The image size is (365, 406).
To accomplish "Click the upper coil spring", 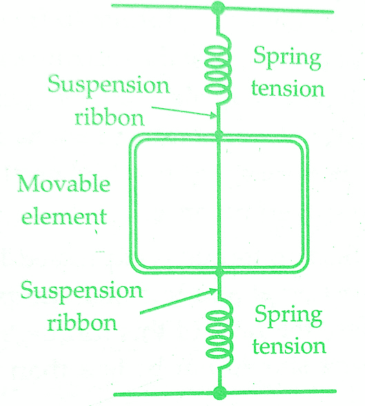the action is [219, 70].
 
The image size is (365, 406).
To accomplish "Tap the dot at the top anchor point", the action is [218, 8].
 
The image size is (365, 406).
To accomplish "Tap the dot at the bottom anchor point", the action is [219, 393].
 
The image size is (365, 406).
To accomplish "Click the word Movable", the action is [63, 184].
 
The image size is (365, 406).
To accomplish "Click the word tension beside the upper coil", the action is [288, 88].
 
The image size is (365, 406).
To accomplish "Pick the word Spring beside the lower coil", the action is [288, 316].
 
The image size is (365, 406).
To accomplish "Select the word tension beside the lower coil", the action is [289, 346].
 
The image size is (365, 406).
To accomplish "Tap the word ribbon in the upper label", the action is [110, 117].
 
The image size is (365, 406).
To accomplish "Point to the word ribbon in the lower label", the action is [82, 322].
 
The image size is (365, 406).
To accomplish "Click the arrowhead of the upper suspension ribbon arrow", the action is [215, 116].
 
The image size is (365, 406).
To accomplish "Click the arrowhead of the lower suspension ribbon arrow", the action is [215, 291].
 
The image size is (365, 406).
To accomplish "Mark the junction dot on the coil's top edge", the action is [219, 135].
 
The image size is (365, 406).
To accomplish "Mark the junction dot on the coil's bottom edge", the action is [219, 271].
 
